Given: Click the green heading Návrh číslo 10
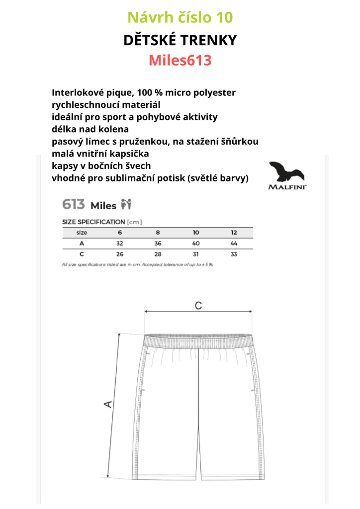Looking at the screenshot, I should [180, 18].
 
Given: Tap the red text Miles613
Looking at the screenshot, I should [180, 61].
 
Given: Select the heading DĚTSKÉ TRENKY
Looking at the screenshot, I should [180, 40].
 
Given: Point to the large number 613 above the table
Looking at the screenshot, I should [74, 204].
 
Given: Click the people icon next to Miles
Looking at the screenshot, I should [126, 204].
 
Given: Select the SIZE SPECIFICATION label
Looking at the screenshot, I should [93, 222].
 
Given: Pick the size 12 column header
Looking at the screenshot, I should [234, 233].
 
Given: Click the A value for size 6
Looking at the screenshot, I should [119, 244].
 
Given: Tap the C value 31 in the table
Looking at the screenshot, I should [196, 254].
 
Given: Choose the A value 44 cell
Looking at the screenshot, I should [234, 244].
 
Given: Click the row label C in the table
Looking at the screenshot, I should [82, 254].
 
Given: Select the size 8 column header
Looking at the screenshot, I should [158, 233].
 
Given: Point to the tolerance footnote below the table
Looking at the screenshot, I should [137, 265].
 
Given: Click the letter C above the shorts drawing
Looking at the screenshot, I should [198, 306].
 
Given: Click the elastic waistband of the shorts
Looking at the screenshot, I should [197, 340].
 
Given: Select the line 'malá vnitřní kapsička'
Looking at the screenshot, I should [100, 154].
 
